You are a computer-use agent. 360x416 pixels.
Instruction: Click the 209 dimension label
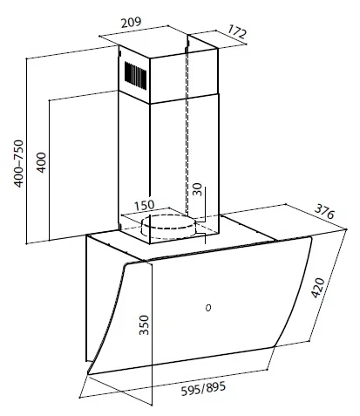[131, 23]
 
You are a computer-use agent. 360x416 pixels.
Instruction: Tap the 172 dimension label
[237, 31]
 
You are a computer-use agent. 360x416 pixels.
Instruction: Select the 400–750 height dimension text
[18, 164]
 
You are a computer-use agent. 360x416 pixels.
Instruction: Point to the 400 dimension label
[42, 162]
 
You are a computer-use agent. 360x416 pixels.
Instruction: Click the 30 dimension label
[197, 189]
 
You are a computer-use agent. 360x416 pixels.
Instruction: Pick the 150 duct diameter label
[144, 205]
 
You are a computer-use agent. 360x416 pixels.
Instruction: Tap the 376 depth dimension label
[325, 211]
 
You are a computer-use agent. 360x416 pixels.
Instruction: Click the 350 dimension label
[144, 325]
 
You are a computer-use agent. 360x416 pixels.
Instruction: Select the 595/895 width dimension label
[203, 388]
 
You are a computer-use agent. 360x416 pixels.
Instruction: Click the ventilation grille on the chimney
[135, 74]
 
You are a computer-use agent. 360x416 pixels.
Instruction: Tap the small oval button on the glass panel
[208, 308]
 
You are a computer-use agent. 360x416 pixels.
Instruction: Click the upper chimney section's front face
[183, 77]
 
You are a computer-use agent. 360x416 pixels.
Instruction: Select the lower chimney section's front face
[183, 168]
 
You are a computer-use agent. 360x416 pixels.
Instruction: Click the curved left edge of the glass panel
[105, 317]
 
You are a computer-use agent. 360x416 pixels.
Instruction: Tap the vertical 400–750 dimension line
[26, 151]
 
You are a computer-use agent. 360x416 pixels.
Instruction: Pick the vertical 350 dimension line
[152, 334]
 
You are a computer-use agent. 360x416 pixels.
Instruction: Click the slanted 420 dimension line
[329, 285]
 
